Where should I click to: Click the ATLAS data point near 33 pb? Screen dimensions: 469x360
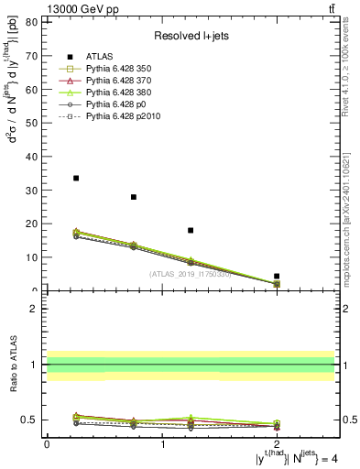coord(76,178)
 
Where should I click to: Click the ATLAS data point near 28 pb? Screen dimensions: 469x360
coord(134,197)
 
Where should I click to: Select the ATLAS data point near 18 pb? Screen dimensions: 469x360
coord(191,230)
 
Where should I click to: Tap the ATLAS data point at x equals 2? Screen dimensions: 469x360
coord(277,276)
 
